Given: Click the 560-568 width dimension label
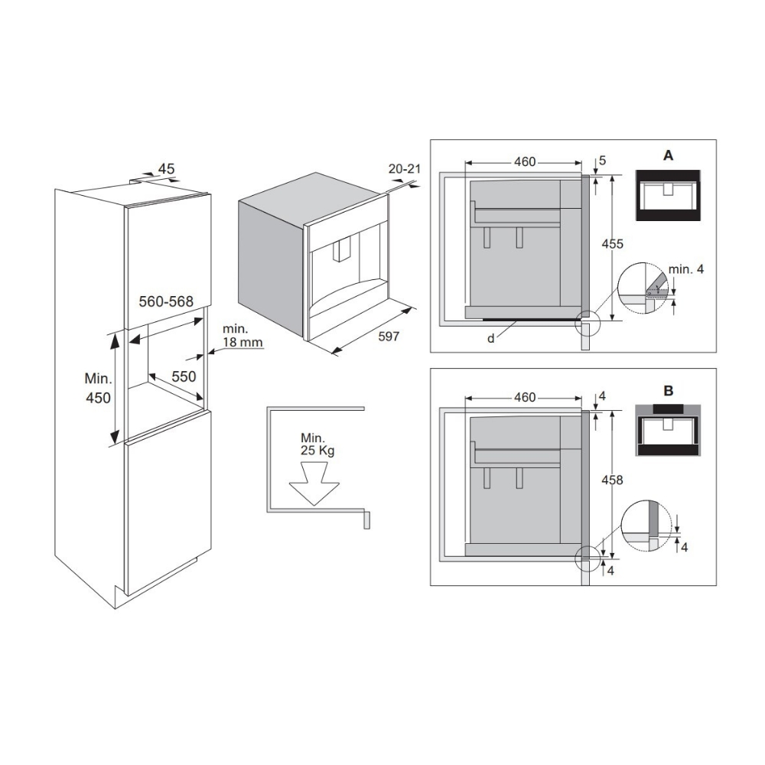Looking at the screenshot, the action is pyautogui.click(x=166, y=301).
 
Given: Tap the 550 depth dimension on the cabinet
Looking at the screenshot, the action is pyautogui.click(x=184, y=376).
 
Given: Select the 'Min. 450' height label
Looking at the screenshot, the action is pyautogui.click(x=98, y=388).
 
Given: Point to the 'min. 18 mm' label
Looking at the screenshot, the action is pyautogui.click(x=242, y=336).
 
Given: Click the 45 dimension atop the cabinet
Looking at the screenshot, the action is pyautogui.click(x=166, y=169).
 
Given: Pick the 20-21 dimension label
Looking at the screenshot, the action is pyautogui.click(x=404, y=169).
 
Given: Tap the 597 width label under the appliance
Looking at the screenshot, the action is pyautogui.click(x=389, y=337).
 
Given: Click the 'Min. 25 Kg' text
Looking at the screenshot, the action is pyautogui.click(x=317, y=444).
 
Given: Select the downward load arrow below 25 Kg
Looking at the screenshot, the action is pyautogui.click(x=314, y=483).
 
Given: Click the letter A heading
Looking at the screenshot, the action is pyautogui.click(x=668, y=155).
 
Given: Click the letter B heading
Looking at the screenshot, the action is pyautogui.click(x=668, y=391).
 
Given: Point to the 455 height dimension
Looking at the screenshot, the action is pyautogui.click(x=612, y=244).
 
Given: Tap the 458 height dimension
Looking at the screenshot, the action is pyautogui.click(x=612, y=480).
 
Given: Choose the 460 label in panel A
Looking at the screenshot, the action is pyautogui.click(x=525, y=161).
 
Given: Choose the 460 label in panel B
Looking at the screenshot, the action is pyautogui.click(x=525, y=398).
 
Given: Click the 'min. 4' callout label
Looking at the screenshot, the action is pyautogui.click(x=686, y=269).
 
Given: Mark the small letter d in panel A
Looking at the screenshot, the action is pyautogui.click(x=491, y=338).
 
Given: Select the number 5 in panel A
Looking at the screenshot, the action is pyautogui.click(x=602, y=161).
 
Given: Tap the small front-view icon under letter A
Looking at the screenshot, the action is pyautogui.click(x=668, y=196).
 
